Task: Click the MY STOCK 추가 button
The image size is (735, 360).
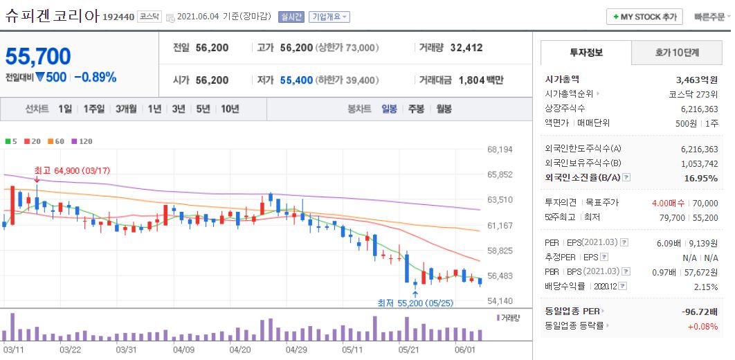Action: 644,17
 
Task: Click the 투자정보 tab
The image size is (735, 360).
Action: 586,53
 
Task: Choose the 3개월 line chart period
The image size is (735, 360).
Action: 127,109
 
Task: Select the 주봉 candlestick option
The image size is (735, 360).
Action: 416,109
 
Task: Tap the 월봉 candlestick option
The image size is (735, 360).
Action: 443,109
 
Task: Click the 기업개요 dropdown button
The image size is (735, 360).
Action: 329,17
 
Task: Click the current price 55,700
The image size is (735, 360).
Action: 39,56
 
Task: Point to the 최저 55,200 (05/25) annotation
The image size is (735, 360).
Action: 415,303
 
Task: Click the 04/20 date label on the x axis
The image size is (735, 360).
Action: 239,350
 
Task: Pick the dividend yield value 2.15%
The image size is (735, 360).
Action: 705,287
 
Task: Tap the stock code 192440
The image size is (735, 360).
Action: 118,17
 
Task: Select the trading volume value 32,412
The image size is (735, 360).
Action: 466,48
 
